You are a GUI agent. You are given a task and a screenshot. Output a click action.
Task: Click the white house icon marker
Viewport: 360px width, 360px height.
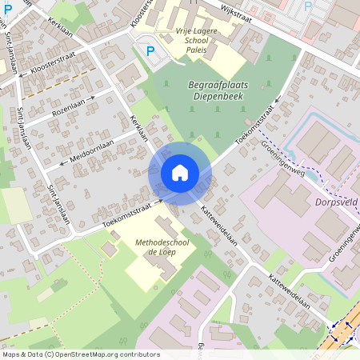coord(180,172)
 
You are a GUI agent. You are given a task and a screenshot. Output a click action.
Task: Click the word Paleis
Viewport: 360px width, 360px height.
coord(196,50)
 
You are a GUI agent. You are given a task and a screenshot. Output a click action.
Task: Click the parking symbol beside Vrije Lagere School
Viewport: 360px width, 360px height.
coord(150,51)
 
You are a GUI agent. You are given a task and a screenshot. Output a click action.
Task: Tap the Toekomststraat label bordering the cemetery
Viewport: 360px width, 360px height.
coord(256,125)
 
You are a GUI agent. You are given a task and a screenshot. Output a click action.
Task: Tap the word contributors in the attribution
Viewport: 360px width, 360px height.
coord(141,354)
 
